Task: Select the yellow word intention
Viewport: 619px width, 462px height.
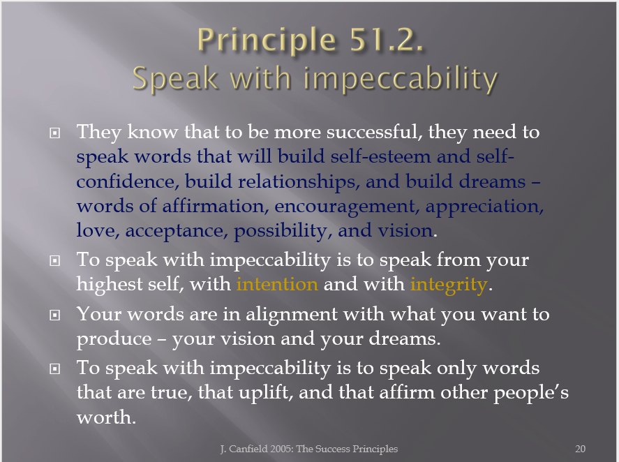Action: click(x=277, y=284)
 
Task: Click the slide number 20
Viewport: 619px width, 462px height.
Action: click(x=580, y=449)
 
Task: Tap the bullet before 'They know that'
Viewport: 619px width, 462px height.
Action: click(x=55, y=133)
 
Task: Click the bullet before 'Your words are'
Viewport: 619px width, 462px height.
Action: click(x=55, y=315)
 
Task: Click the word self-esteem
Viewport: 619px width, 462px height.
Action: click(x=380, y=156)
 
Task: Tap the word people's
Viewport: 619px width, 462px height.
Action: click(x=531, y=393)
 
